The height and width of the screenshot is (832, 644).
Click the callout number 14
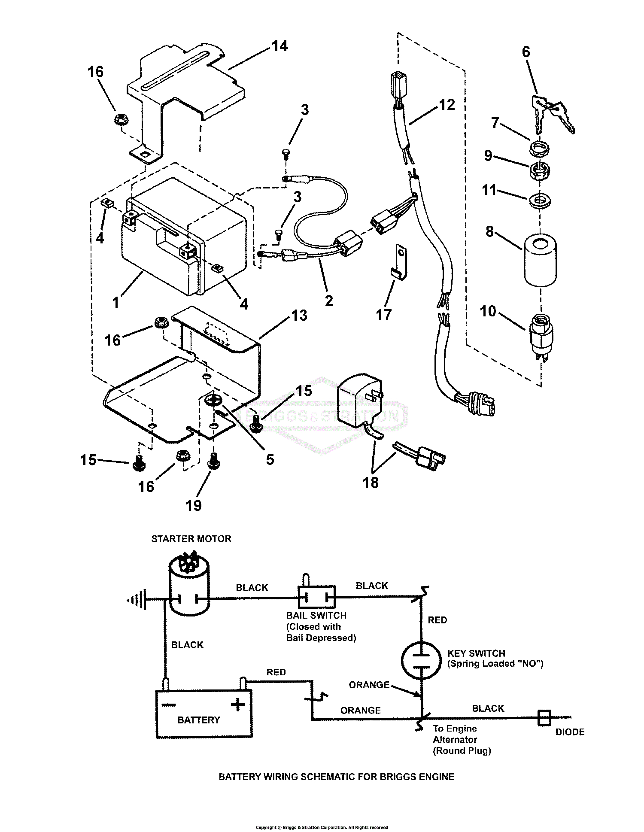click(x=280, y=46)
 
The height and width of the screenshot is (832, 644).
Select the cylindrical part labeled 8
click(x=540, y=259)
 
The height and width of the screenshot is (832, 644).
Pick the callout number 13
click(x=299, y=316)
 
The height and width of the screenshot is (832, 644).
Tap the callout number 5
click(x=270, y=459)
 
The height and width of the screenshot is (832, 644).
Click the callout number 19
click(x=193, y=505)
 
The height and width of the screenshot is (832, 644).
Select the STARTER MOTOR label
click(x=191, y=539)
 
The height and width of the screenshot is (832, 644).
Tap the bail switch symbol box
click(x=317, y=597)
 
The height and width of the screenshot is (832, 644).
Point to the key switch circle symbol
click(x=421, y=660)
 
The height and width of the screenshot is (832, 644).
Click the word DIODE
click(x=570, y=732)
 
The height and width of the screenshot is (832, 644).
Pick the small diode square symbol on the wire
click(x=544, y=718)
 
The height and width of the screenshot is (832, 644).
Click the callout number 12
click(x=447, y=104)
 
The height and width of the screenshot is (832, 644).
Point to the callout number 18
click(x=371, y=483)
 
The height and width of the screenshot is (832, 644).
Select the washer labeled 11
click(x=540, y=201)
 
